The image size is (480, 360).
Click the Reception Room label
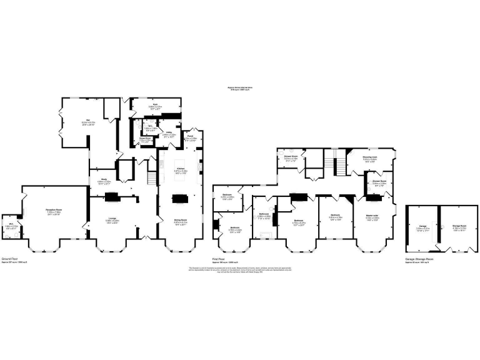coord(57,211)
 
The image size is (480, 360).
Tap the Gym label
coord(155,104)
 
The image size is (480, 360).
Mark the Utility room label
coord(169,132)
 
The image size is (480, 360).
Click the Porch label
coord(192,137)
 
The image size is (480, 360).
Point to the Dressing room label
coord(369,157)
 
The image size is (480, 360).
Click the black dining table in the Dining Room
coord(180,199)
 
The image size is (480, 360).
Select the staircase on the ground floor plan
coord(151,176)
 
